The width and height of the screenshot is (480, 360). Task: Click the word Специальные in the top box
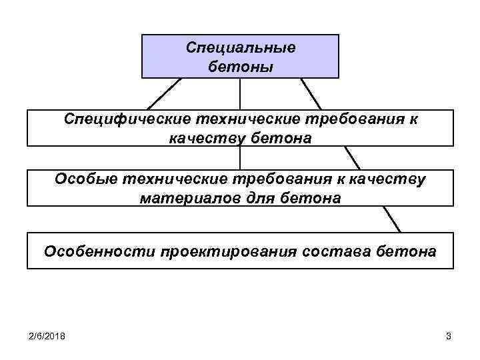pos(240,49)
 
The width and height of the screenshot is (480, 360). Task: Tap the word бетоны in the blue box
pos(240,67)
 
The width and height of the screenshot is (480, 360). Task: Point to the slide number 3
pos(449,337)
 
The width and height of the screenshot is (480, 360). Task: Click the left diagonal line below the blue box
pos(164,94)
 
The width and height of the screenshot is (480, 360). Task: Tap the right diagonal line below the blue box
pos(311,94)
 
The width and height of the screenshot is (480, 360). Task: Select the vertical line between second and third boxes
pos(240,157)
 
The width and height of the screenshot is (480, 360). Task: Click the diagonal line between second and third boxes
pos(352,157)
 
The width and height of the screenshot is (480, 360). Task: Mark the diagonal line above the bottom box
pos(391,219)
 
